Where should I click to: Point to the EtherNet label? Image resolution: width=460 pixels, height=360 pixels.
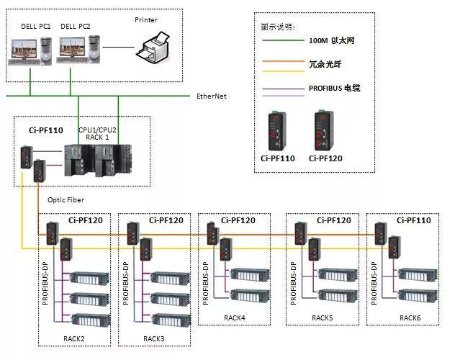212,96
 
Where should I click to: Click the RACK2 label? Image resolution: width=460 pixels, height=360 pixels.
74,338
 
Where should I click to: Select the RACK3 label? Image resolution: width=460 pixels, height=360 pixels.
153,338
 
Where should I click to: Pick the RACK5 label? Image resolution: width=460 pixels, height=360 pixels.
322,316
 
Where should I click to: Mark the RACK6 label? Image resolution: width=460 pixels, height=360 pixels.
410,316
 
